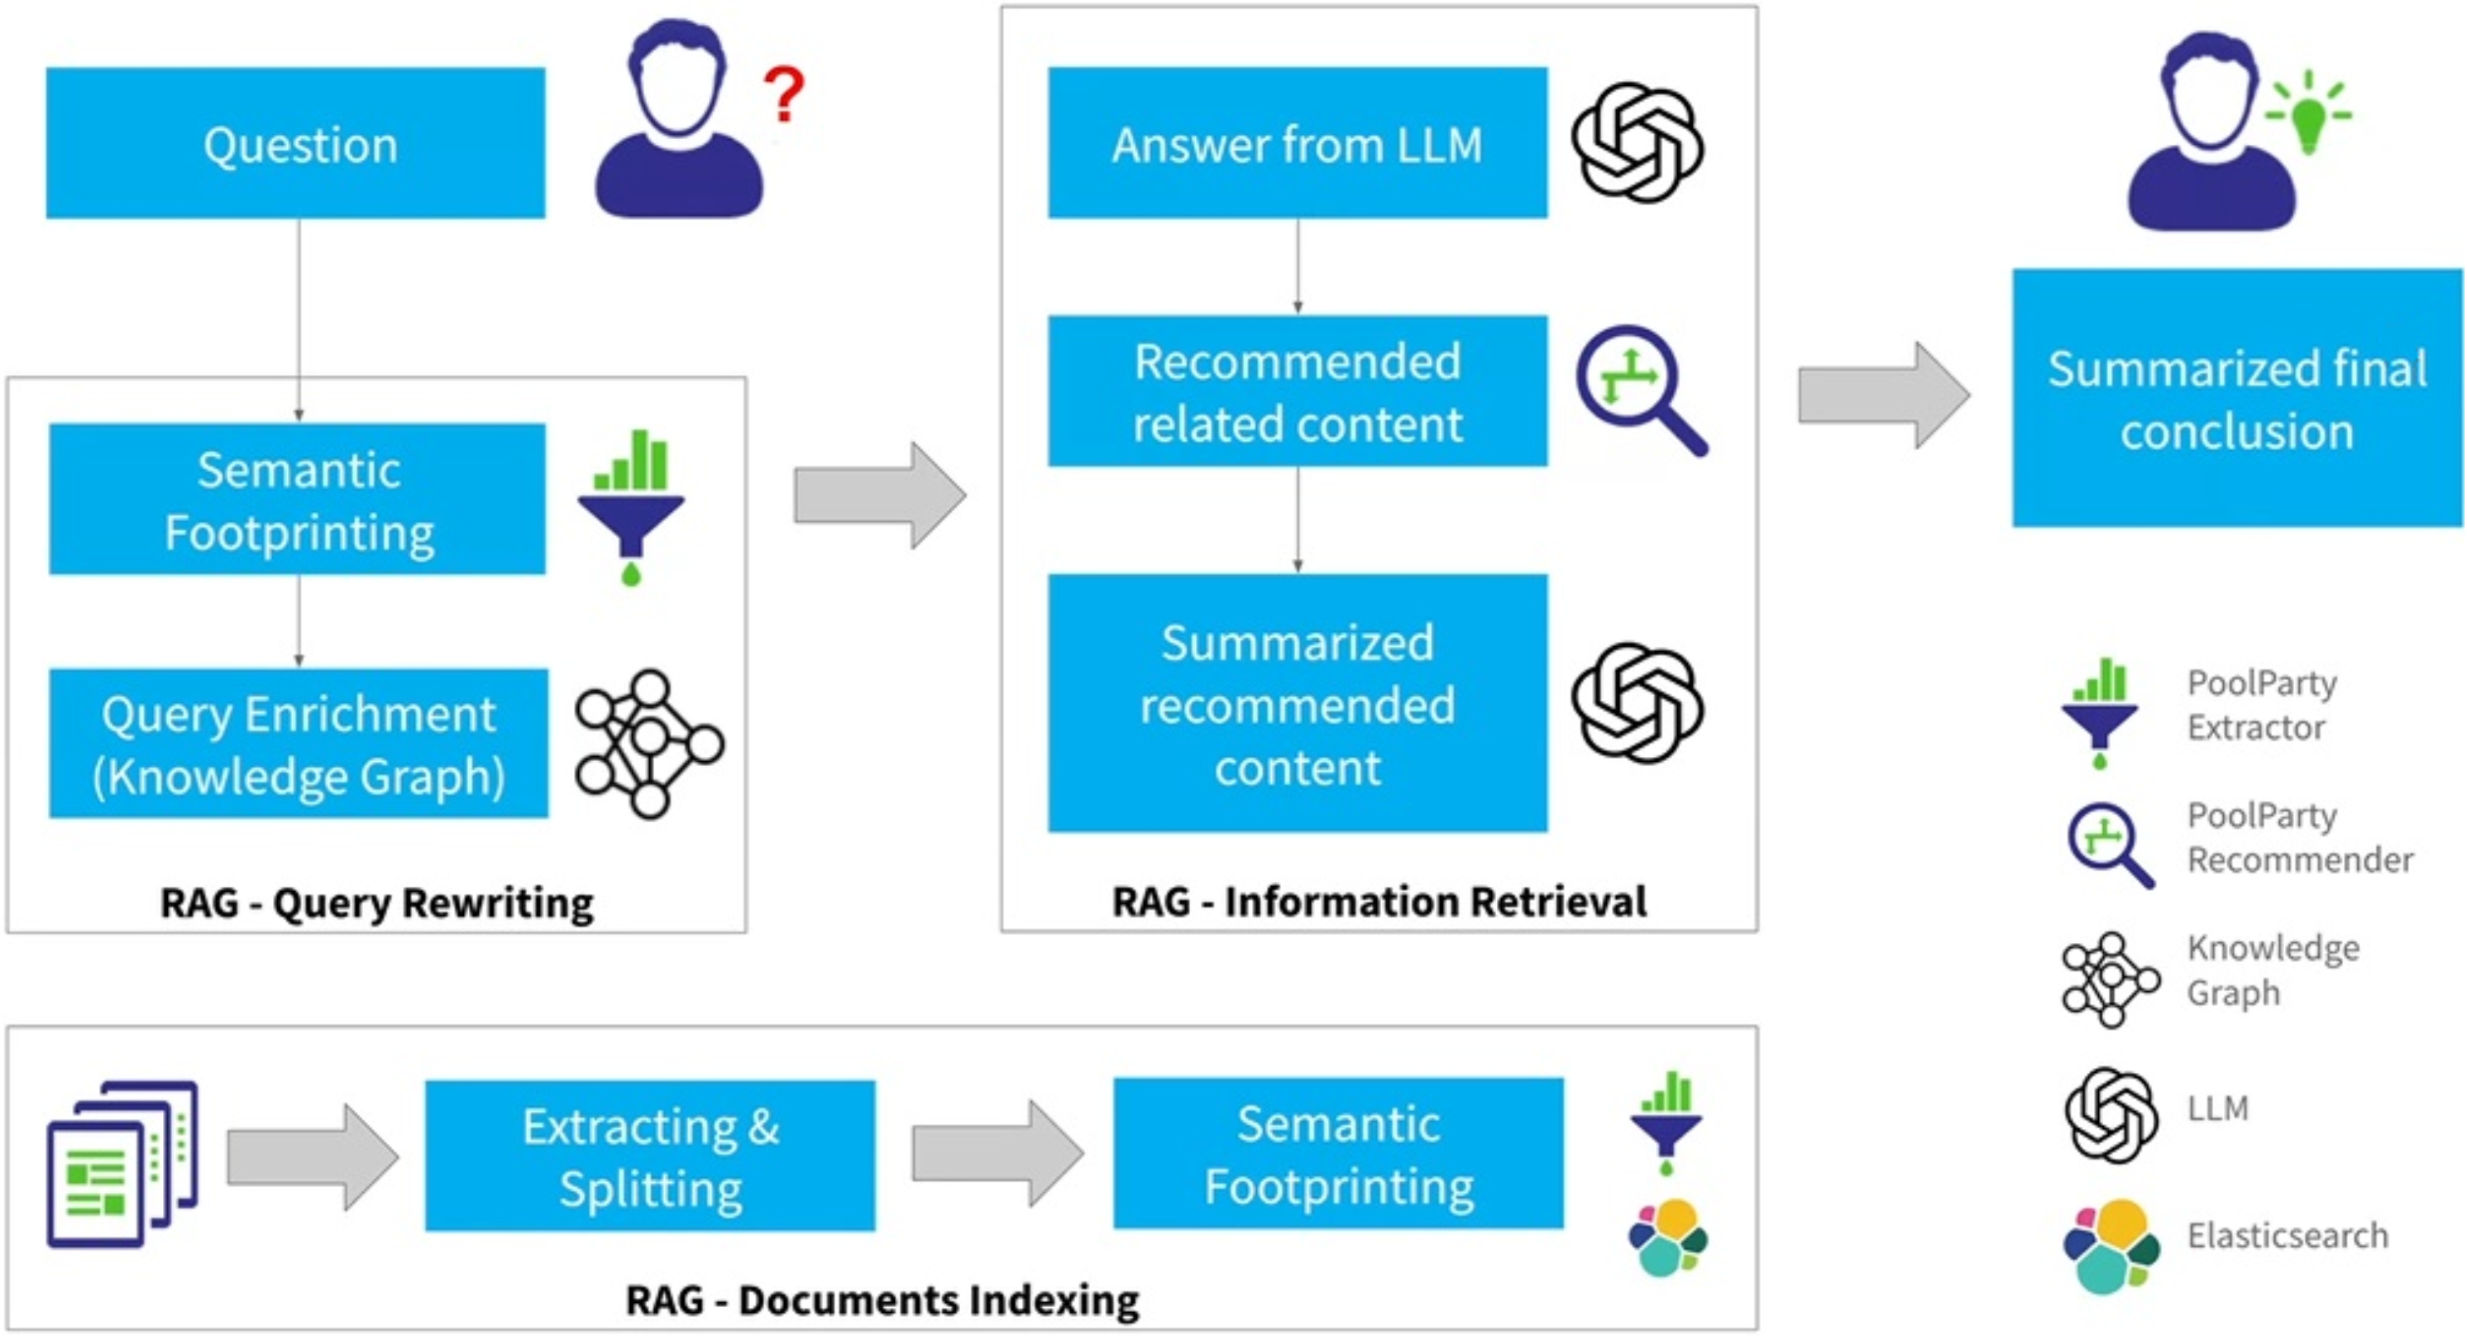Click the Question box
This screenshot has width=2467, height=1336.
coord(296,144)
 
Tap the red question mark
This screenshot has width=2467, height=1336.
coord(784,93)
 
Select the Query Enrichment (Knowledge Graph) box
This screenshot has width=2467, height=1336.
coord(299,745)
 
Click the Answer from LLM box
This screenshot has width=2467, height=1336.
coord(1297,144)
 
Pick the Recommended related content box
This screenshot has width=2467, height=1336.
coord(1297,392)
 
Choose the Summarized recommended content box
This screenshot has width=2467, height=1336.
coord(1297,704)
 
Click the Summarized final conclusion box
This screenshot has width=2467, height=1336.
coord(2236,399)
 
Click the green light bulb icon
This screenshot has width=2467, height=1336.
coord(2308,115)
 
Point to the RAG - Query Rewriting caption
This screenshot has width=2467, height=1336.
coord(376,903)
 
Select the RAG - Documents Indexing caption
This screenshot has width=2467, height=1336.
coord(882,1300)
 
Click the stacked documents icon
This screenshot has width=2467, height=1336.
coord(122,1165)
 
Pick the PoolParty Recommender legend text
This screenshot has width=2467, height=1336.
coord(2298,838)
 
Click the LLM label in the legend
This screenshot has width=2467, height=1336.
coord(2217,1109)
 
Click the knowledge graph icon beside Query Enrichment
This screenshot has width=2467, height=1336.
coord(649,745)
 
